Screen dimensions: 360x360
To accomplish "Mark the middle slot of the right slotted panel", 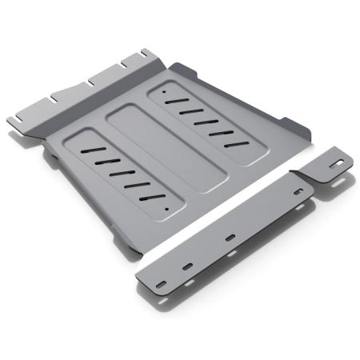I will click(206, 122).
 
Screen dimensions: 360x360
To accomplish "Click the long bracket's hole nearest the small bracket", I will click(298, 192).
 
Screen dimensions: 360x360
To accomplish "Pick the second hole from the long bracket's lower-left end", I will click(189, 265).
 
